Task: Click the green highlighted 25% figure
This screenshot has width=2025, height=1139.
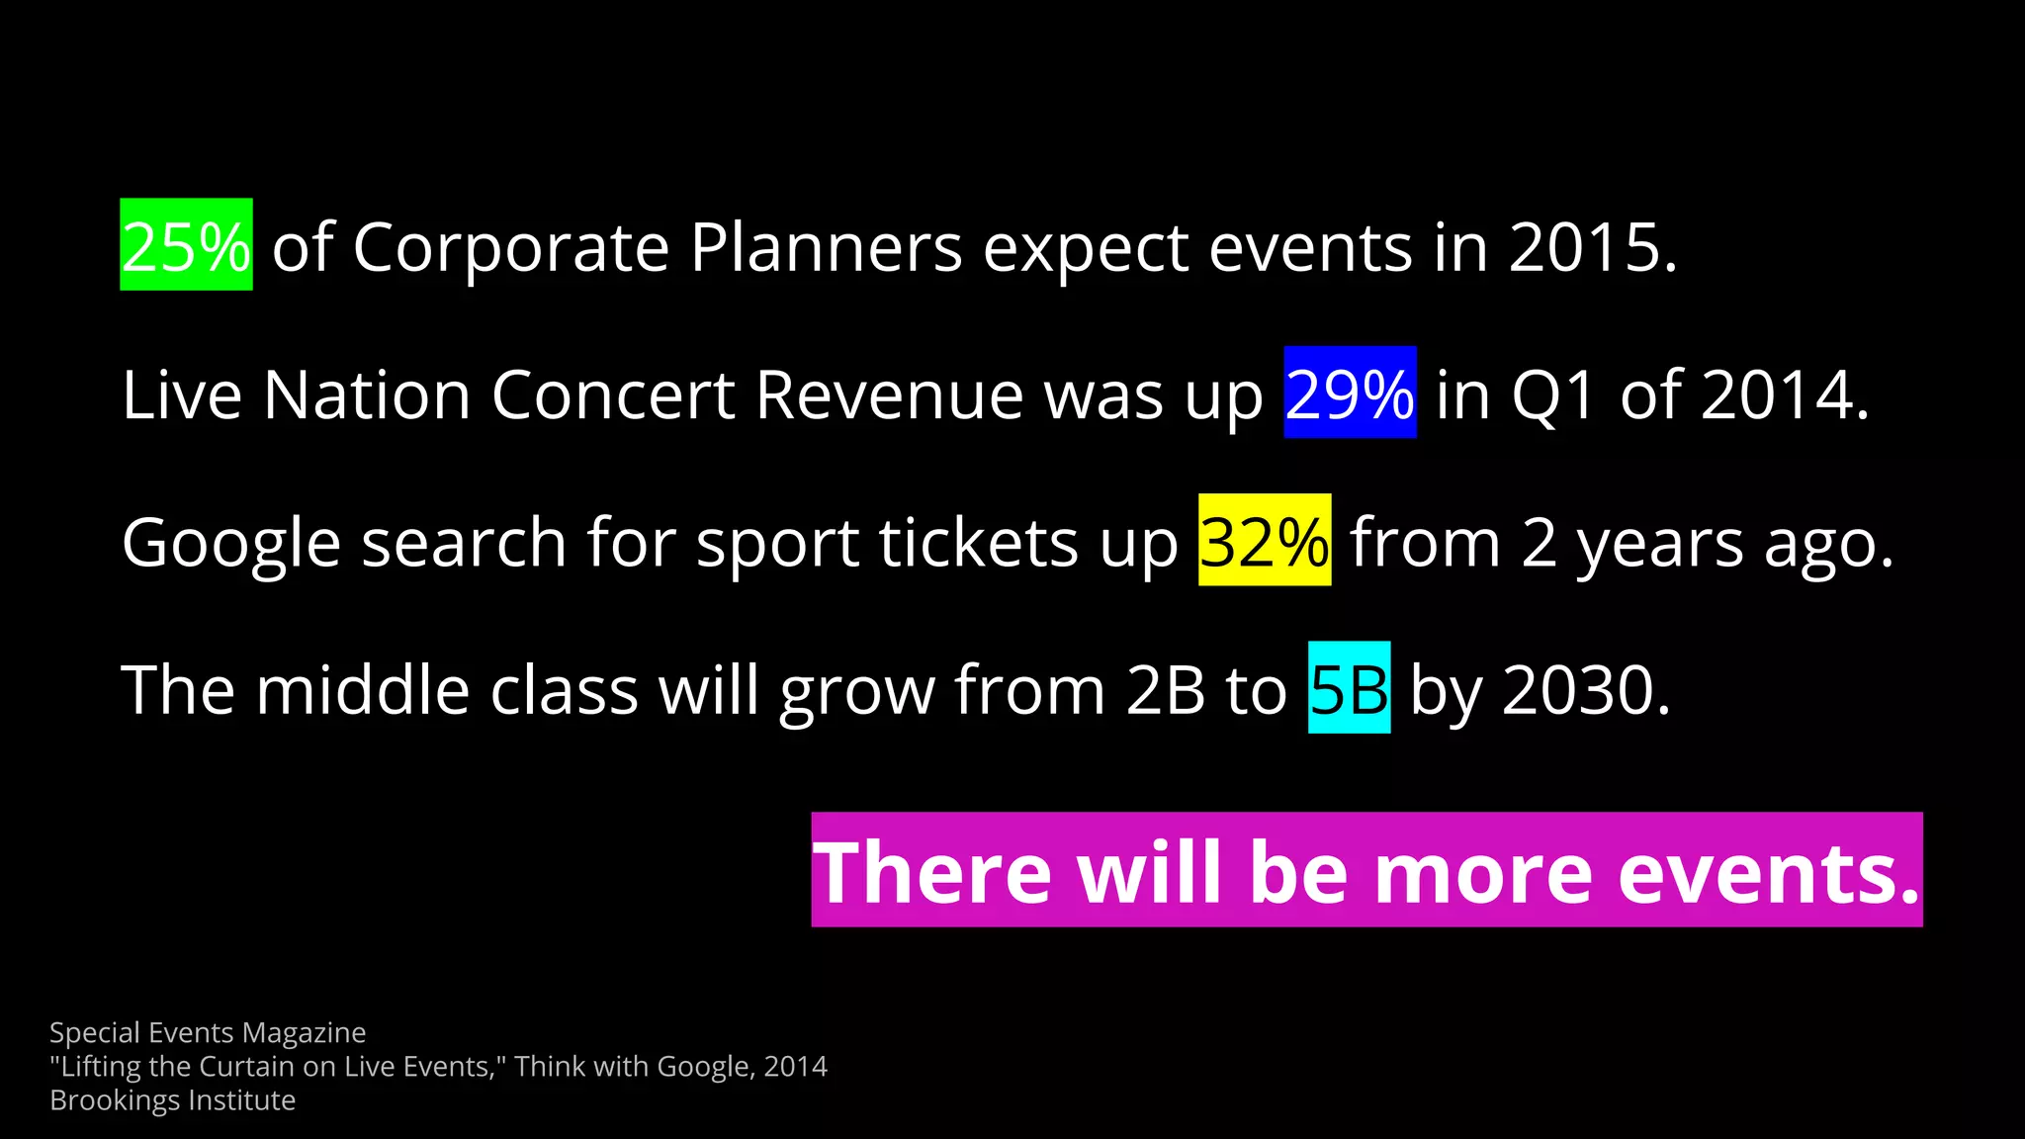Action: (x=186, y=245)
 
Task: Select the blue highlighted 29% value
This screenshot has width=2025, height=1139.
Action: (x=1350, y=394)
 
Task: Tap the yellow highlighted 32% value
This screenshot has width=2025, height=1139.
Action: (x=1264, y=541)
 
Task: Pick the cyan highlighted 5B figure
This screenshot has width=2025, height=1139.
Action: (x=1349, y=688)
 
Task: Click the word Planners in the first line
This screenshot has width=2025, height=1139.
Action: (x=826, y=247)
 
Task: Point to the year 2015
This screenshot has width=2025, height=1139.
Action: (x=1592, y=247)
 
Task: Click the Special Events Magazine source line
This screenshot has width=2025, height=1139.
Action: (x=208, y=1032)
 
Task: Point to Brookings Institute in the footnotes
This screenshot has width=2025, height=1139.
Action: (x=172, y=1099)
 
